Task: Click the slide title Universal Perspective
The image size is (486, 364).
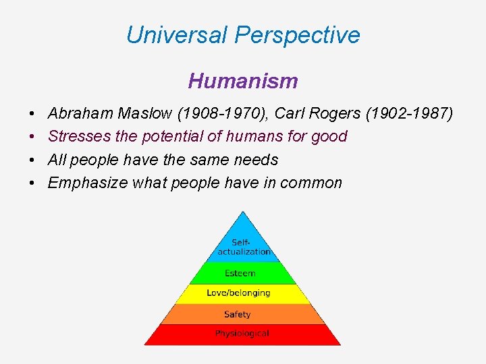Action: coord(243,35)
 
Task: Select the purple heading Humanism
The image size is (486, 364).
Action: coord(243,82)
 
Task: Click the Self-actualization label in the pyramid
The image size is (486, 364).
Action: coord(243,247)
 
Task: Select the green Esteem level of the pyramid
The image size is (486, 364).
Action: coord(241,273)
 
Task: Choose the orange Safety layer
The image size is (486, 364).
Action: coord(237,314)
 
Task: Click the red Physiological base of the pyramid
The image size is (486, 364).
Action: coord(242,334)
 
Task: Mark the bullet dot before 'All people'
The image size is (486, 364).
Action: coord(32,160)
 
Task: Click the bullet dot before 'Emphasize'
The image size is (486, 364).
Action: coord(32,183)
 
